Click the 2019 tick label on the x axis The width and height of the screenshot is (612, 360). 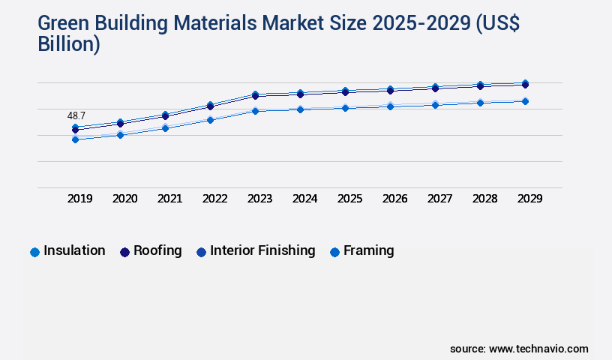(80, 199)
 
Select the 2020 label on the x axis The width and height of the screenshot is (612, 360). (125, 199)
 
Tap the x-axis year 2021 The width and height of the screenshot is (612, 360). (170, 199)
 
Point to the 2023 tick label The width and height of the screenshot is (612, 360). (260, 199)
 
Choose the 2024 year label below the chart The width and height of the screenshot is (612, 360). (305, 199)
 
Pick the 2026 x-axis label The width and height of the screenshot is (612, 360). (395, 199)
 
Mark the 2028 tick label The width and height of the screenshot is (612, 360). (485, 199)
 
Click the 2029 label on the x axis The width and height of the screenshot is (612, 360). (530, 199)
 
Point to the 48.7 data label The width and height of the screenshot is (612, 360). (76, 116)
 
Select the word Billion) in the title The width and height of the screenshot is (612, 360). (69, 45)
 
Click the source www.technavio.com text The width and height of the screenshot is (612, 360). (519, 349)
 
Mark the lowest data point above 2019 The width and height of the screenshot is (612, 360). (75, 139)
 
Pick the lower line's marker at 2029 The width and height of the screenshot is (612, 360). (525, 101)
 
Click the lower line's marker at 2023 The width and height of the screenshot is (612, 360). (255, 111)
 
